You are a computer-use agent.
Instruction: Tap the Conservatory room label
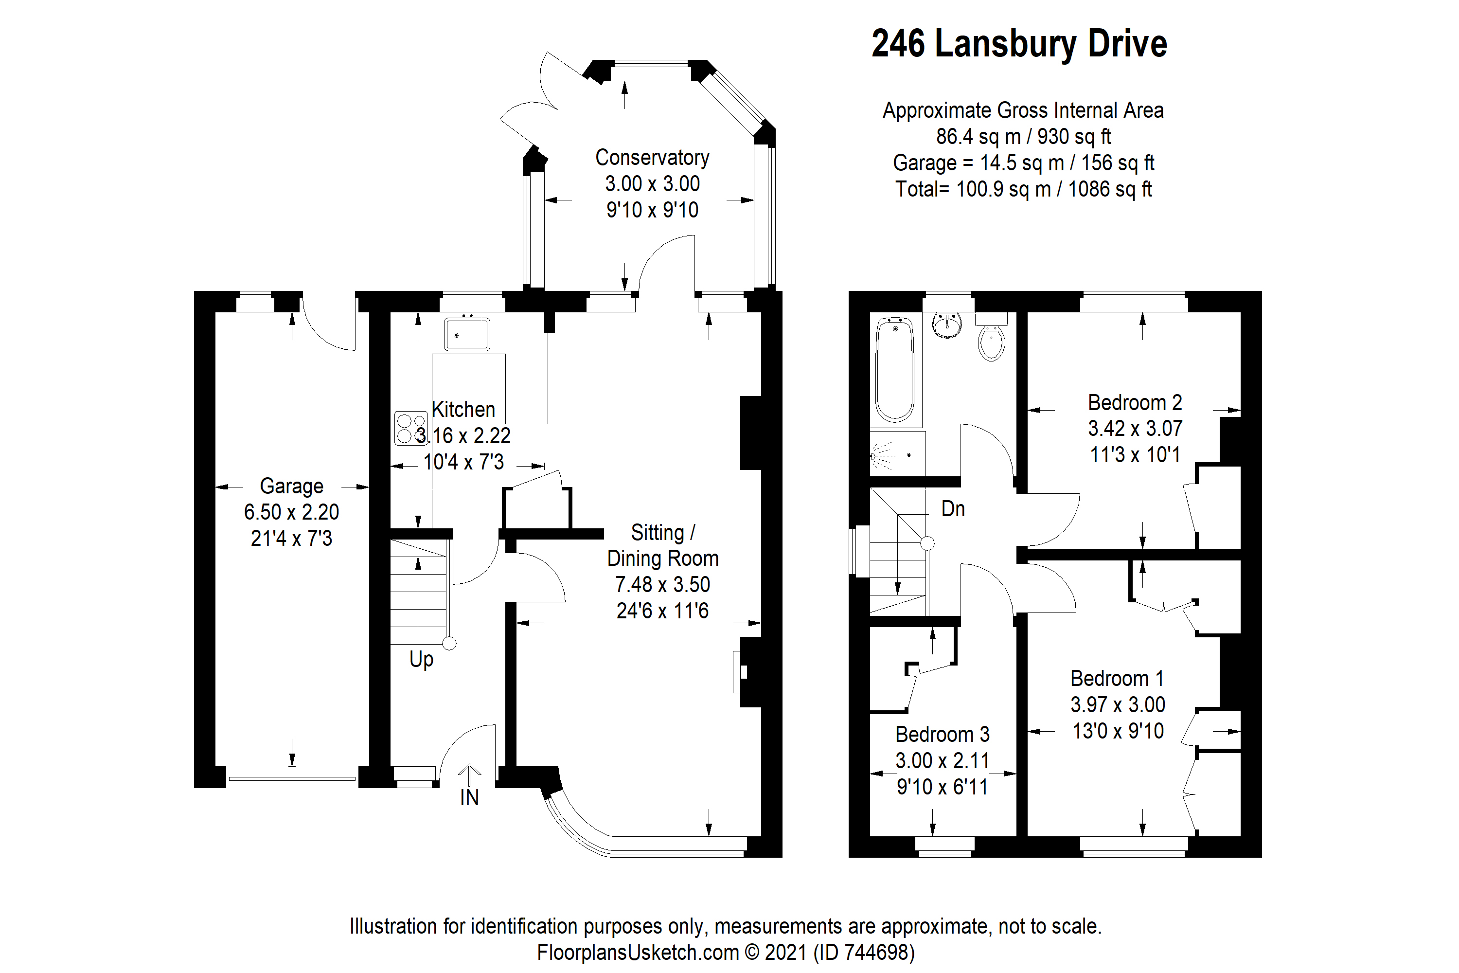tap(652, 158)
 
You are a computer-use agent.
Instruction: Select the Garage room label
tap(291, 486)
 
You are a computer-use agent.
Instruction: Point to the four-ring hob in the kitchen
tap(410, 428)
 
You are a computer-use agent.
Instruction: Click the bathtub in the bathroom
tap(894, 370)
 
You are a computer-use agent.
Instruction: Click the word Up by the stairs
tap(421, 659)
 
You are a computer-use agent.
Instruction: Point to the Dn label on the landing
tap(953, 509)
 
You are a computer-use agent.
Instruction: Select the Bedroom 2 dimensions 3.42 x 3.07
tap(1135, 428)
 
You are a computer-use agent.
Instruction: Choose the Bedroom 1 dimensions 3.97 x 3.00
tap(1117, 704)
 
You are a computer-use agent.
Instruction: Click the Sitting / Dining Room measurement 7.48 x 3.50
tap(662, 585)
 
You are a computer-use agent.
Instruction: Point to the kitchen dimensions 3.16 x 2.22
tap(463, 435)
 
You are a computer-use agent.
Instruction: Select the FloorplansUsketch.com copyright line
tap(725, 952)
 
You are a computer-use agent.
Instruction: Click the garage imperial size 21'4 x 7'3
tap(291, 538)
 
